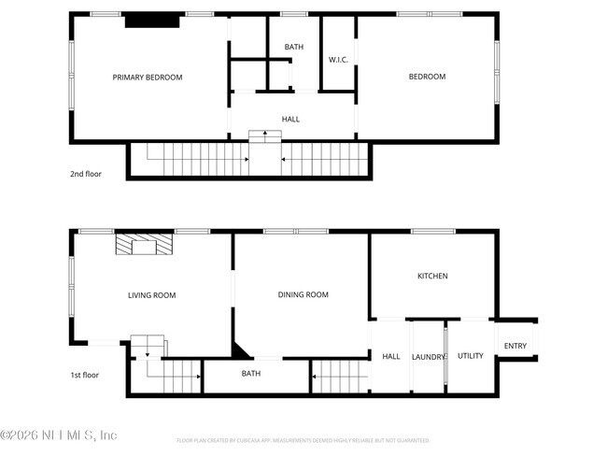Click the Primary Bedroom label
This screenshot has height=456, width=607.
coord(148,78)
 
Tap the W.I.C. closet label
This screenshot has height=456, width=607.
coord(338,61)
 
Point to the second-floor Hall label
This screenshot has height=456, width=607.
coord(290,120)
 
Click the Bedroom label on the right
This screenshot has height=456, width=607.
coord(427,77)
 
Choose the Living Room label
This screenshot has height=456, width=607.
coord(151,295)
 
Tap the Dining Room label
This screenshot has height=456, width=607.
coord(303,294)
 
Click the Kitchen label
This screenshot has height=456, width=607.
coord(432,276)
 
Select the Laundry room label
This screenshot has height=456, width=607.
coord(429,356)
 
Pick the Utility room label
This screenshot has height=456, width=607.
coord(471,355)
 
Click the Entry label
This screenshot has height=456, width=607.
coord(515,347)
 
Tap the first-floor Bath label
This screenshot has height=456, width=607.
coord(251,374)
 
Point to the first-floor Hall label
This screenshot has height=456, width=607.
coord(391,356)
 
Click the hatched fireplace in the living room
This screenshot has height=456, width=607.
coord(144,245)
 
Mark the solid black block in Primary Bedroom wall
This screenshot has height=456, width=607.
coord(145,21)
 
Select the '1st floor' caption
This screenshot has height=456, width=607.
coord(85,376)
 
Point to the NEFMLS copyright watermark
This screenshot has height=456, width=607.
coord(59,435)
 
